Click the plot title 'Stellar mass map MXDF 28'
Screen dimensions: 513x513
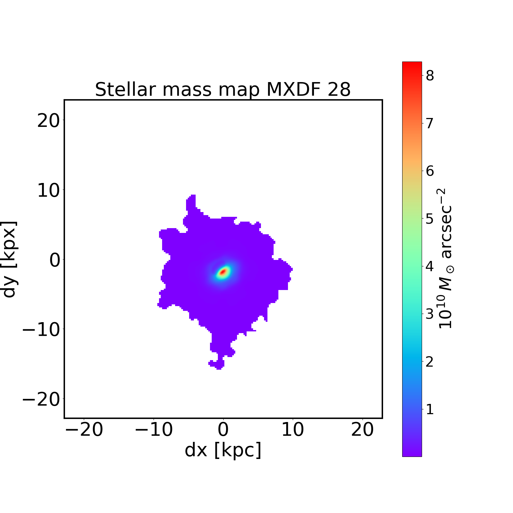(x=223, y=90)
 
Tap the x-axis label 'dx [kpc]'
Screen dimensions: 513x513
(x=223, y=450)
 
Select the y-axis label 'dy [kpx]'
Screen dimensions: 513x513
(x=9, y=259)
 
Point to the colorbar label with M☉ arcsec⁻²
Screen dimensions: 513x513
(x=445, y=259)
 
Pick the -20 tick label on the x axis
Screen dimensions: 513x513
(x=84, y=430)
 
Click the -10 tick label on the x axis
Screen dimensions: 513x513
(x=154, y=430)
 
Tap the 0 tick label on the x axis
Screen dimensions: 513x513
(x=223, y=430)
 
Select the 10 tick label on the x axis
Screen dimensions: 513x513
(x=293, y=430)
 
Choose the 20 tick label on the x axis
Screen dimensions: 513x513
(x=362, y=430)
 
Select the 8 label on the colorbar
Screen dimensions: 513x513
(x=430, y=76)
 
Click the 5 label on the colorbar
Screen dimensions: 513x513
(x=430, y=219)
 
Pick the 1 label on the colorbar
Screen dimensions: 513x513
(x=430, y=409)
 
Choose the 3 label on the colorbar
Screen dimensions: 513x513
(x=430, y=314)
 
